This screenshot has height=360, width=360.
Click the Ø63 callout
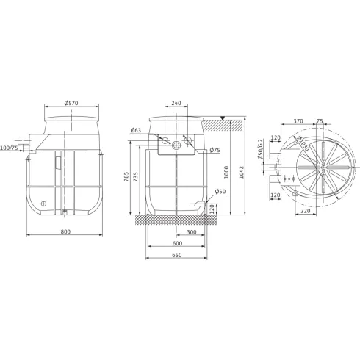[135, 130]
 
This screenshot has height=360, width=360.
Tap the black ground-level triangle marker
[223, 118]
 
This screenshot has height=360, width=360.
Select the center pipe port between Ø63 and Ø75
[177, 145]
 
